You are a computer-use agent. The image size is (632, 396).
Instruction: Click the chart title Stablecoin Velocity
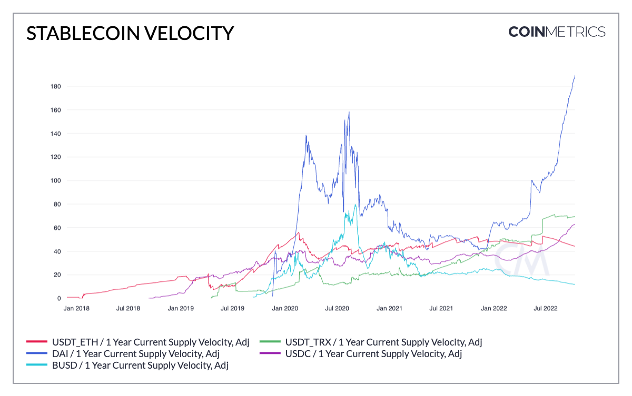tap(130, 33)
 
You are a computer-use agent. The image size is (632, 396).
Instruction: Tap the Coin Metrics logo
tap(557, 32)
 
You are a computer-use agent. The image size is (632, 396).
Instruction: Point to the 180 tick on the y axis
tap(55, 86)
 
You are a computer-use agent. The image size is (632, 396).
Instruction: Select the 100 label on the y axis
tap(55, 180)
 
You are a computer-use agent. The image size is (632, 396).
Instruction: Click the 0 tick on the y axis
tap(59, 298)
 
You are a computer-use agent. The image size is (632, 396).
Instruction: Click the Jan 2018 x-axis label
tap(76, 309)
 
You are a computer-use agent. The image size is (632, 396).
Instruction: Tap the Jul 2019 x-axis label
tap(232, 309)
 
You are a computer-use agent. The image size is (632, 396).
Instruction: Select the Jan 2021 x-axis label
tap(389, 309)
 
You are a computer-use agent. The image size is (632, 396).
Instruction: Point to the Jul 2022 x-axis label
tap(546, 309)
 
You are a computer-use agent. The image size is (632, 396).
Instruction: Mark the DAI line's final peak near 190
tap(575, 76)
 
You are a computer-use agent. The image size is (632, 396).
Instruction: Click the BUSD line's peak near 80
tap(355, 205)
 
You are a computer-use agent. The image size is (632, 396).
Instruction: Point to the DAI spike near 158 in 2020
tap(349, 112)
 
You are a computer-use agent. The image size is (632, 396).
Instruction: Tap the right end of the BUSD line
tap(575, 285)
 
